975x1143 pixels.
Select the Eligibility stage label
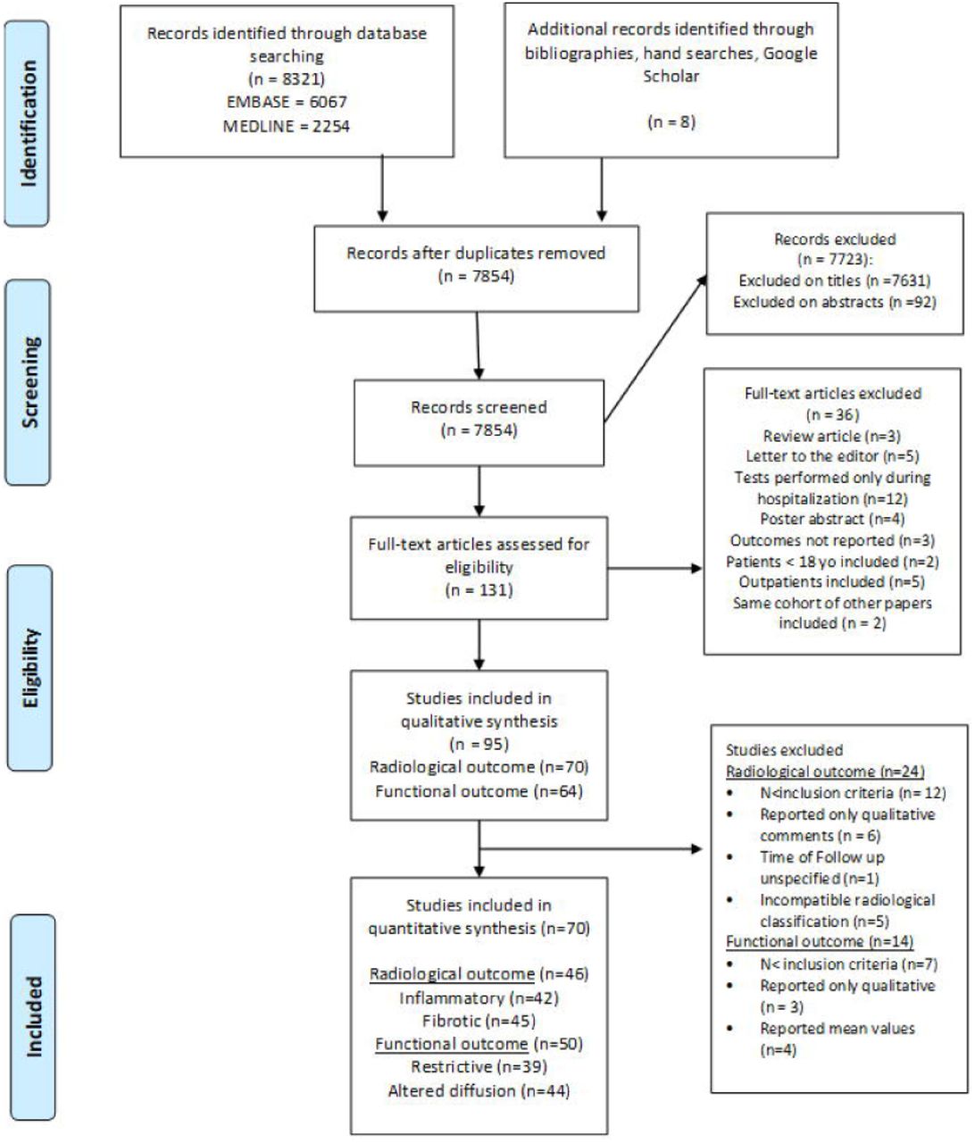[30, 667]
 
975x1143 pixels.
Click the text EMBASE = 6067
[287, 103]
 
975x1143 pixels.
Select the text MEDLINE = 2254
[287, 127]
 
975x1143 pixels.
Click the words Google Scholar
[730, 64]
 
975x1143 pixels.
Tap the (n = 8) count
[671, 122]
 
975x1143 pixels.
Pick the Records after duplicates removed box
[476, 268]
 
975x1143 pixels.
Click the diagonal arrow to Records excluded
[655, 349]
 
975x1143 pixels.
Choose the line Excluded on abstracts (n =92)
[835, 302]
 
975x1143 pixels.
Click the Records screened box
[479, 422]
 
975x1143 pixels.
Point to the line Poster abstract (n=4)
[832, 519]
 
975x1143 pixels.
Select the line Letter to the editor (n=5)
[832, 456]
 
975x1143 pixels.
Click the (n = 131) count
[479, 590]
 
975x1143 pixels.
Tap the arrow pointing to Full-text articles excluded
[654, 568]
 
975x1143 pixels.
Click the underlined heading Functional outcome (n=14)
[820, 940]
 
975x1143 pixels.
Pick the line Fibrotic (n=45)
[479, 1021]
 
